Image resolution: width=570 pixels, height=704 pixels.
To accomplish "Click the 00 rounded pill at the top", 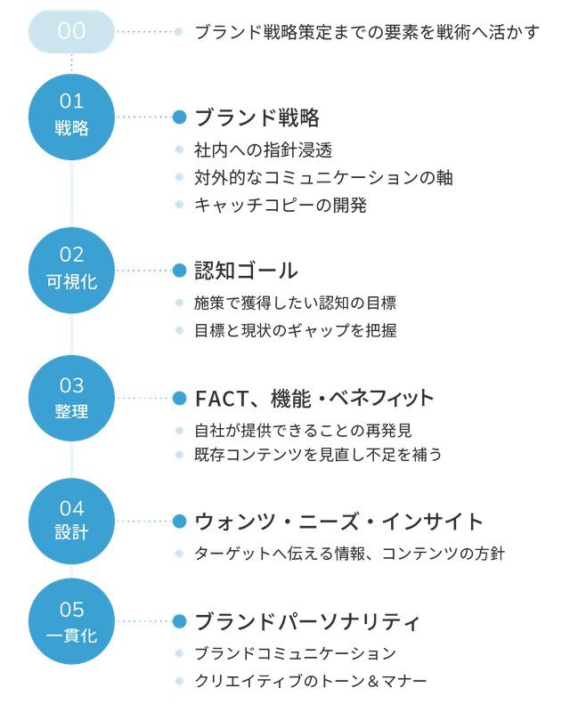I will tap(71, 31).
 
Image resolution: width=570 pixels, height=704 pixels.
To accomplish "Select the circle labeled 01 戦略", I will tap(71, 117).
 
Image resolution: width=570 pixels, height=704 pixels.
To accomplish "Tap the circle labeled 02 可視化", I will tap(71, 270).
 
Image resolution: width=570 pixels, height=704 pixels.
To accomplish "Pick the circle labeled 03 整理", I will tap(71, 398).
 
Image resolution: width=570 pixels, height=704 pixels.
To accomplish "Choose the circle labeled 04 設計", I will tap(71, 521).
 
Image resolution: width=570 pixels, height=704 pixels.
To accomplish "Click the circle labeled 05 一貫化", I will tap(71, 621).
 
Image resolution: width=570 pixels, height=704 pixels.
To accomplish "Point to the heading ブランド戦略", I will tap(256, 117).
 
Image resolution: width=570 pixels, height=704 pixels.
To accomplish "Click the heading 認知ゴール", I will tap(246, 271).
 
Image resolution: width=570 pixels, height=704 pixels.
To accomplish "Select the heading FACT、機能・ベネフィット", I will tap(313, 398).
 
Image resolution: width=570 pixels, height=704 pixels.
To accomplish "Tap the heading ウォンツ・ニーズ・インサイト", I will tap(338, 522).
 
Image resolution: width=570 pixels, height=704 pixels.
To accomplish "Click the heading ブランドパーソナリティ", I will tap(306, 621).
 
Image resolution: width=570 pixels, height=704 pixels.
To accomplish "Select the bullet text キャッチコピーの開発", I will tap(280, 205).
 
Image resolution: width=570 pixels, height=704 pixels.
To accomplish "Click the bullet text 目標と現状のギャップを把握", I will tap(296, 330).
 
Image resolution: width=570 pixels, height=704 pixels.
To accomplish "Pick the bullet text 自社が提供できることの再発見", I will tap(303, 431).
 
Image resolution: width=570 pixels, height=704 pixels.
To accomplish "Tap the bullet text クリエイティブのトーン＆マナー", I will tap(311, 681).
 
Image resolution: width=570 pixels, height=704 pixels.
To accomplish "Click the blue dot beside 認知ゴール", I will tap(179, 271).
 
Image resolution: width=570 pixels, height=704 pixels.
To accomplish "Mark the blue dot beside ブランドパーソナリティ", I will tap(179, 621).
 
